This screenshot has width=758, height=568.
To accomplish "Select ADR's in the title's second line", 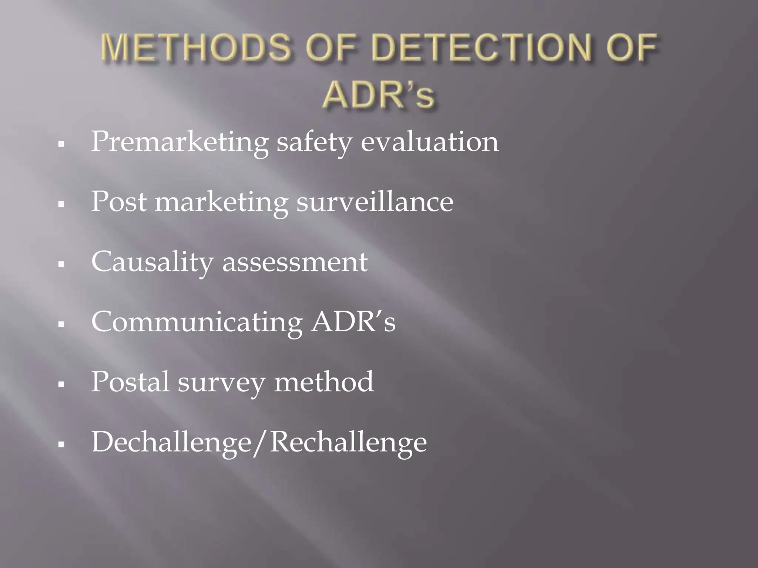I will click(378, 95).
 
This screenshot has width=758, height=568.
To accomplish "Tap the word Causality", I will click(152, 263).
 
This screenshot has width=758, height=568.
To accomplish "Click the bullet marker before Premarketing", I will click(61, 144).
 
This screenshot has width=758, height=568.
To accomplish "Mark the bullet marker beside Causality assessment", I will click(61, 264).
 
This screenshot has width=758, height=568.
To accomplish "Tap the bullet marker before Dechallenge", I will click(61, 443).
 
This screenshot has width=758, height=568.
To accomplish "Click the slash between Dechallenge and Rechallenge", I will click(261, 442).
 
